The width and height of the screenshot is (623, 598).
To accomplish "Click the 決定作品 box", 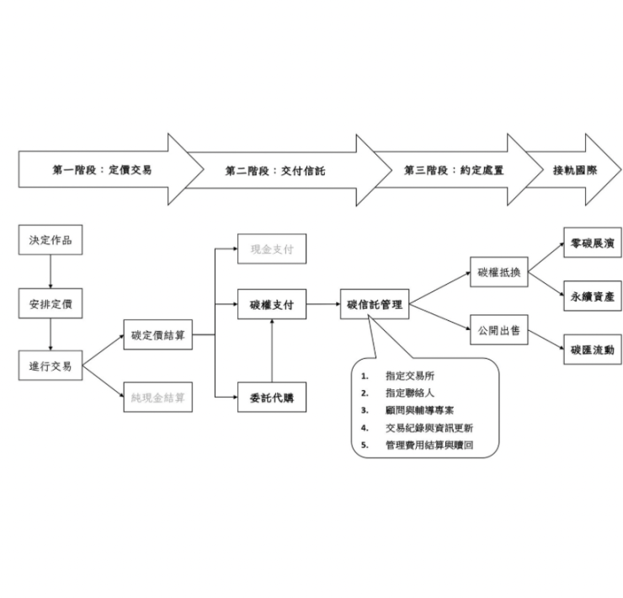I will point(51,241).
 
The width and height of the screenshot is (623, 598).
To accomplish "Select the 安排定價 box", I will point(51,303).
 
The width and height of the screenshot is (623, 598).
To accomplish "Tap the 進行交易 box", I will point(51,366).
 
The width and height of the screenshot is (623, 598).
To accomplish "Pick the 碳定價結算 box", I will point(157,334).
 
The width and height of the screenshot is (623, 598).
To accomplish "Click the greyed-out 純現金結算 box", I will point(157,396).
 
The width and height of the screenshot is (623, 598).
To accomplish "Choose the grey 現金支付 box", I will point(271,249).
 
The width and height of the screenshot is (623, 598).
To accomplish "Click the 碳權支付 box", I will point(271,304).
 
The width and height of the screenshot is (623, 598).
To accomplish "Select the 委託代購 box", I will point(271,395).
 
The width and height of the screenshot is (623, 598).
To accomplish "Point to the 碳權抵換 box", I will point(499,272).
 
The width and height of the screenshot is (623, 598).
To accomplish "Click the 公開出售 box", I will point(498,330).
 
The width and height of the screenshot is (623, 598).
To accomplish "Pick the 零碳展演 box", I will point(592,243).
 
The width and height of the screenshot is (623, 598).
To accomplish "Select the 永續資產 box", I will point(592,296).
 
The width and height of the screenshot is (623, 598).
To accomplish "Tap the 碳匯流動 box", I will point(592,348).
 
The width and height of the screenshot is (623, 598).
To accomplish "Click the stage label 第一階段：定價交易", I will point(102,169).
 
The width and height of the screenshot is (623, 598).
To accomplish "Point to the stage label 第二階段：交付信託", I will point(274,170).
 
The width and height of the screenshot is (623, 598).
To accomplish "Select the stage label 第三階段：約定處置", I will point(454,169).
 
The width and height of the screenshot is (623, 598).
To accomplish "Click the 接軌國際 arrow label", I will point(574,169).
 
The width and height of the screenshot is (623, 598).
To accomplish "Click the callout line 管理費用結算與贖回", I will point(429,444).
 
